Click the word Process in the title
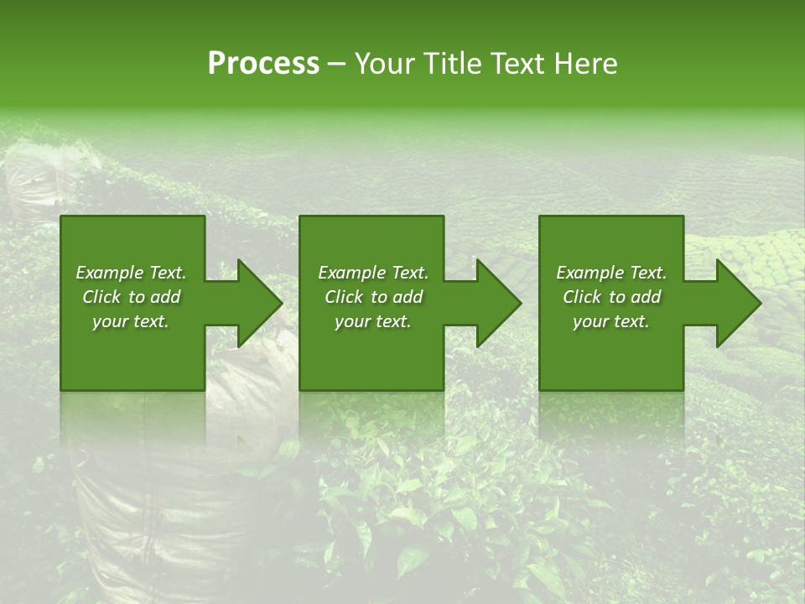(x=263, y=64)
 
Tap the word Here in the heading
(x=584, y=64)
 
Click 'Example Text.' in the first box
(x=131, y=273)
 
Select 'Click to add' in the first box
(x=131, y=297)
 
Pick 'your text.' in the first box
(x=131, y=321)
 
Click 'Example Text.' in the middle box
(x=373, y=273)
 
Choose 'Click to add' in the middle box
(x=373, y=297)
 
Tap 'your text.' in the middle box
(x=373, y=321)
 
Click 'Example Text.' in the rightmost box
(x=611, y=273)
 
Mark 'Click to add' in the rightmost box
(x=611, y=297)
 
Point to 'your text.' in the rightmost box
(x=611, y=321)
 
